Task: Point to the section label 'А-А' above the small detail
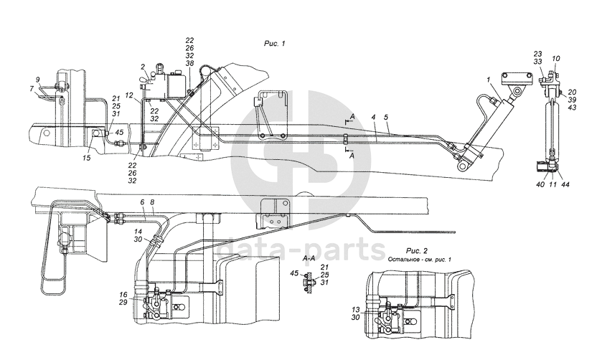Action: click(x=311, y=257)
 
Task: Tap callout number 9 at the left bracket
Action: click(x=37, y=79)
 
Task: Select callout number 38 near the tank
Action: click(x=189, y=63)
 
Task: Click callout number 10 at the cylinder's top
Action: click(x=556, y=59)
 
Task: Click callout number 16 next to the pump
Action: click(x=123, y=295)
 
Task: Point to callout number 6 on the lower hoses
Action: click(x=142, y=203)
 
